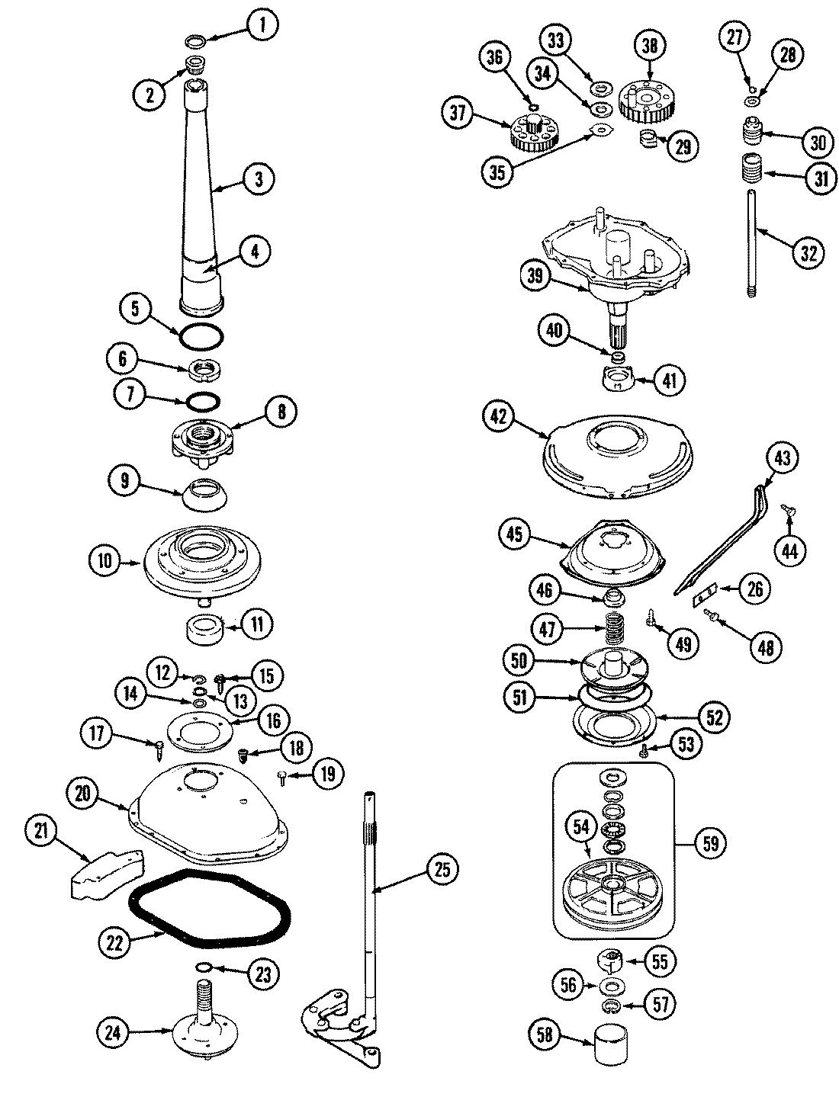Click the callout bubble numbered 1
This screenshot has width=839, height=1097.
tap(262, 27)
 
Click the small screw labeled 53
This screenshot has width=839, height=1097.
tap(645, 751)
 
